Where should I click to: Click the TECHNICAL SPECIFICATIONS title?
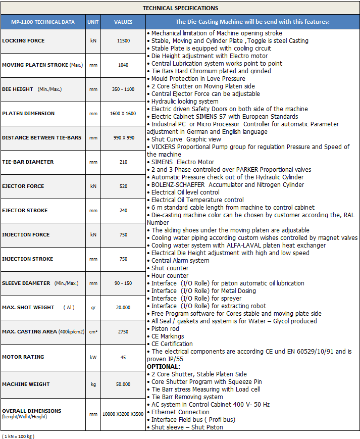[x=180, y=8]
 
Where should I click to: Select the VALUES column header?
[x=123, y=22]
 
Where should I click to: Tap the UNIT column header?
[x=93, y=22]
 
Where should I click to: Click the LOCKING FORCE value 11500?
[x=123, y=41]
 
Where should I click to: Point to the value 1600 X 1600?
[x=123, y=114]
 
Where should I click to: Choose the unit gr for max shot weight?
[x=93, y=308]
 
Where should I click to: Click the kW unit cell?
[x=93, y=357]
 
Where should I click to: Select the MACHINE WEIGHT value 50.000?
[x=123, y=384]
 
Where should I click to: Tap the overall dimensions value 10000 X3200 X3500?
[x=123, y=414]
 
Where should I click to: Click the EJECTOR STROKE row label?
[x=25, y=211]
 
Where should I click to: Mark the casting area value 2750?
[x=123, y=332]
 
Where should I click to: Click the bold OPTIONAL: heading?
[x=163, y=366]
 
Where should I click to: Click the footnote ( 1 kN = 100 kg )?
[x=18, y=435]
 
